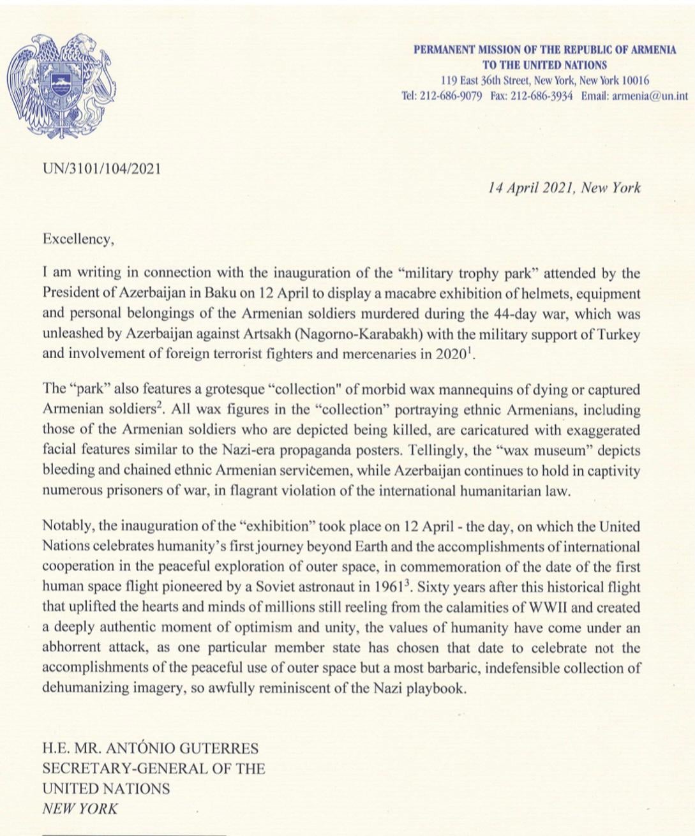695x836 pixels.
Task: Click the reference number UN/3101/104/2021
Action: tap(101, 169)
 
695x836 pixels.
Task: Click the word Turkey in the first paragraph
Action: tap(618, 334)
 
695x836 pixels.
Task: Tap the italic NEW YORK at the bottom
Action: tap(80, 809)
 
